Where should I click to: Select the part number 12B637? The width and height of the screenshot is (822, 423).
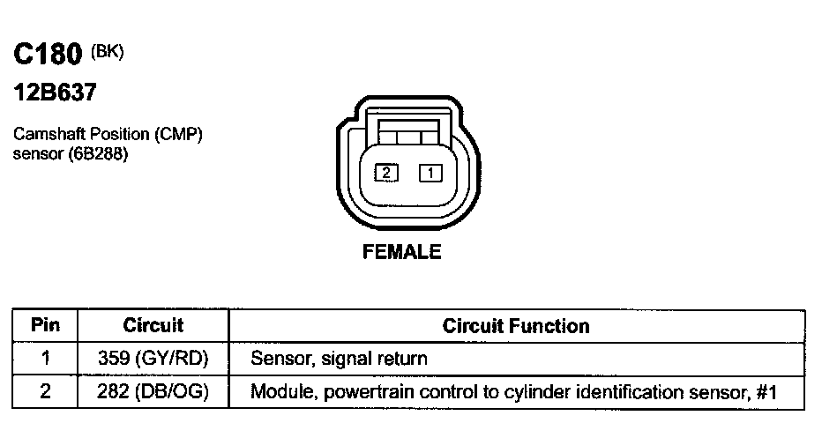coord(54,93)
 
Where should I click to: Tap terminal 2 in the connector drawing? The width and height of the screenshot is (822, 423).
coord(385,174)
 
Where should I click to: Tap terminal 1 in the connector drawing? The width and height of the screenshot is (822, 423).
coord(430,174)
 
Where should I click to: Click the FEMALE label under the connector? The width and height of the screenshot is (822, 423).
coord(402,253)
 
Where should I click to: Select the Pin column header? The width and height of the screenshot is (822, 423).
coord(45,325)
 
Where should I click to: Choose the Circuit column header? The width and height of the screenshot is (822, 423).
coord(153,325)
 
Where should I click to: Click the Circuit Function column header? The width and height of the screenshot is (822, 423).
coord(515,326)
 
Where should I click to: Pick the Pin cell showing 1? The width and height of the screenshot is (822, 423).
coord(45,358)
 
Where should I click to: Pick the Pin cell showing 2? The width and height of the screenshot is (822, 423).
coord(45,391)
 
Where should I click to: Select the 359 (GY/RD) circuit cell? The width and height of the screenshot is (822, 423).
coord(153,358)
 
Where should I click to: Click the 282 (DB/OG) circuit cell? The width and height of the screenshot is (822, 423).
coord(153,391)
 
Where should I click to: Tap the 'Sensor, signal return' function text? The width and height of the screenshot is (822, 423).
coord(340,359)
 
